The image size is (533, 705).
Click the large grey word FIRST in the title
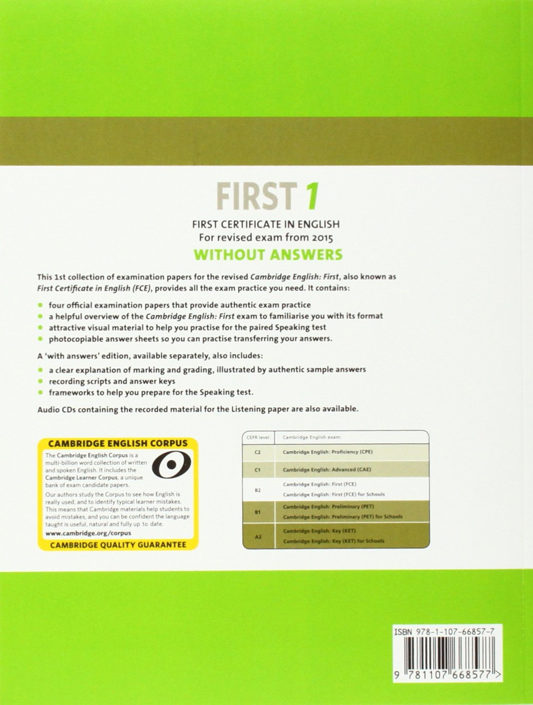point(256,196)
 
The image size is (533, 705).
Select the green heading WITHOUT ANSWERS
point(268,255)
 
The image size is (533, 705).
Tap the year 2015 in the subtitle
point(319,238)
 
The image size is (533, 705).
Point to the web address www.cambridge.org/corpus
point(88,533)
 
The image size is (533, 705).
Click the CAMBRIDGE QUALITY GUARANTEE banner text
point(118,545)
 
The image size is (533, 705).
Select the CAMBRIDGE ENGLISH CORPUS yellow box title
point(118,444)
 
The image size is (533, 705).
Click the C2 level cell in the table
point(258,452)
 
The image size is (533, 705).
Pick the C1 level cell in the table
point(258,470)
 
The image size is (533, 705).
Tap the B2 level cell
point(258,490)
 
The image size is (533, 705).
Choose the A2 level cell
point(258,536)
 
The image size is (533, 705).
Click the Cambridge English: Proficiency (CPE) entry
point(327,452)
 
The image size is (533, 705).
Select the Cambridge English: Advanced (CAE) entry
point(327,469)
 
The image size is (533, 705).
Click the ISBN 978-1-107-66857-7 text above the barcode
point(444,632)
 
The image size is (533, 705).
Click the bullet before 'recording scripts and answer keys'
point(40,381)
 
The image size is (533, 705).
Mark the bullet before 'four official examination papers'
point(40,305)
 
